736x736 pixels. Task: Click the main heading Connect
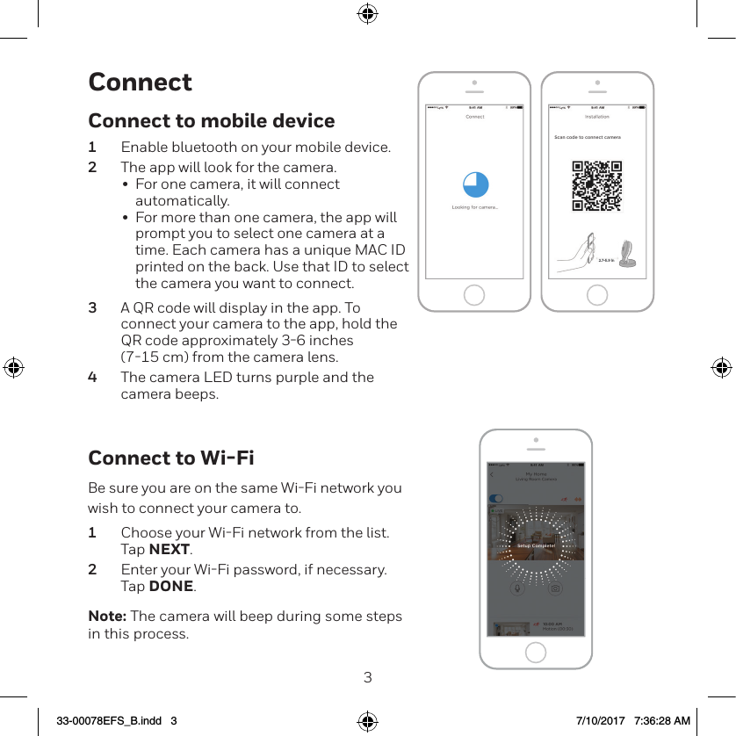pyautogui.click(x=140, y=82)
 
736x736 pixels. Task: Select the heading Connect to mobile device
pyautogui.click(x=212, y=120)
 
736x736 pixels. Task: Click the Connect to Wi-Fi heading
pyautogui.click(x=171, y=458)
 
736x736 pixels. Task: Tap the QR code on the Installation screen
pyautogui.click(x=597, y=185)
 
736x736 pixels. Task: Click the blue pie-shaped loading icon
pyautogui.click(x=475, y=184)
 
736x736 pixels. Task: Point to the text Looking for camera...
pyautogui.click(x=475, y=207)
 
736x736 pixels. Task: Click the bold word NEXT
pyautogui.click(x=170, y=550)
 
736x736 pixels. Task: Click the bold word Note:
pyautogui.click(x=107, y=617)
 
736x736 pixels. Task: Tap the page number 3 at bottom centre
pyautogui.click(x=368, y=677)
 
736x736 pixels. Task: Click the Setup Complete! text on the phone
pyautogui.click(x=536, y=545)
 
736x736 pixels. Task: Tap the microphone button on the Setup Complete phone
pyautogui.click(x=517, y=588)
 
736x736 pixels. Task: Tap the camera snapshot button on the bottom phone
pyautogui.click(x=555, y=588)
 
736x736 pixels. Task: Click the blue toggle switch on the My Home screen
pyautogui.click(x=496, y=498)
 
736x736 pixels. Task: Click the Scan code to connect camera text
pyautogui.click(x=588, y=138)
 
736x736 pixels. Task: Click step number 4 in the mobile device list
pyautogui.click(x=92, y=378)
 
